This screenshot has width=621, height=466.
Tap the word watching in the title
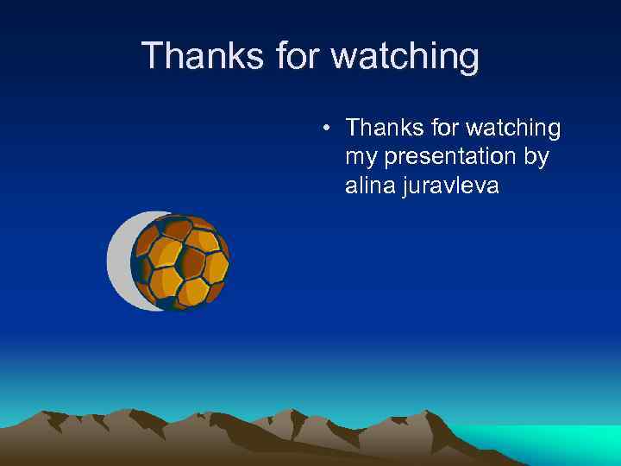click(x=405, y=56)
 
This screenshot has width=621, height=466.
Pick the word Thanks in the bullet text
click(x=383, y=129)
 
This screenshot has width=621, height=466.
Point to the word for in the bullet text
click(x=442, y=129)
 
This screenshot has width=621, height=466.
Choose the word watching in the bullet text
click(x=513, y=129)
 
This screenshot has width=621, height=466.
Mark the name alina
click(x=370, y=186)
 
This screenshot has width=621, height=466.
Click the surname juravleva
click(x=450, y=186)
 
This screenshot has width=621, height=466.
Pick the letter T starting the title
click(x=152, y=56)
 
